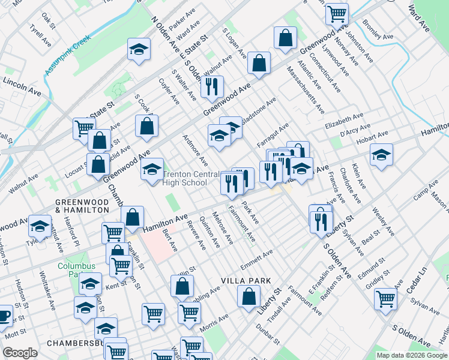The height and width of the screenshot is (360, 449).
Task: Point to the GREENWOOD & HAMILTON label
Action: point(82,206)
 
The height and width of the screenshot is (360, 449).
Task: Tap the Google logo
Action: point(20,353)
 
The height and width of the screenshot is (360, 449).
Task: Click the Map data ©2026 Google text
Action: point(411,355)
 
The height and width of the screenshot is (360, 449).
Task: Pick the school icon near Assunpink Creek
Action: point(139,50)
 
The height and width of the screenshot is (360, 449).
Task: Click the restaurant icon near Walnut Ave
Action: point(211,87)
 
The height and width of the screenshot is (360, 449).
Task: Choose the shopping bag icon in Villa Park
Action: point(249,296)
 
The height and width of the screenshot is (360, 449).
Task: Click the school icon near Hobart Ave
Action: point(381,156)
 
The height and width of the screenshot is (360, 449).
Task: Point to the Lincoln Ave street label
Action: point(22,86)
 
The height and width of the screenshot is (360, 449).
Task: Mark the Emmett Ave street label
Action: point(256,262)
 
